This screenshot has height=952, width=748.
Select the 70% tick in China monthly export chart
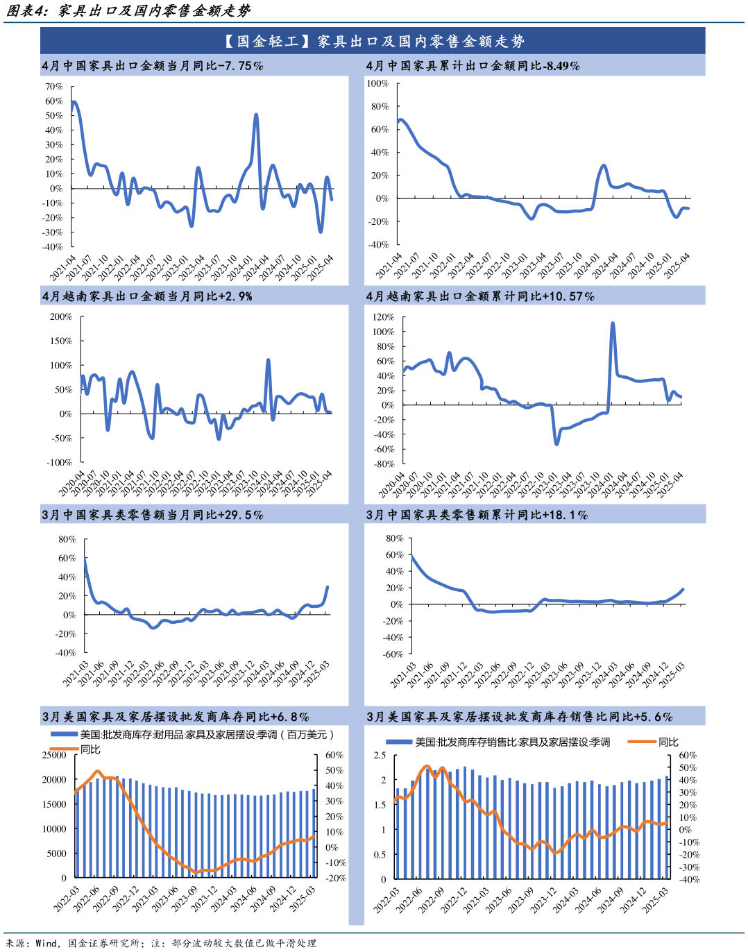pos(54,87)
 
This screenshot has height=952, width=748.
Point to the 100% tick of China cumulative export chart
pos(377,83)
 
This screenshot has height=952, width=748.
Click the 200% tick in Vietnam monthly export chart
pos(61,316)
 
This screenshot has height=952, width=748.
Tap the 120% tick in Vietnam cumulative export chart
pos(384,317)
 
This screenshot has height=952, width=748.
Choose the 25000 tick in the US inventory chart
pos(54,755)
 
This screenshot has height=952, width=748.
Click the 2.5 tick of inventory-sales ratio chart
pos(380,756)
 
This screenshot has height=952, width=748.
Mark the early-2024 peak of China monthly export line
pos(257,115)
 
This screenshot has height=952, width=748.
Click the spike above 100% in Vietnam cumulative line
pos(613,323)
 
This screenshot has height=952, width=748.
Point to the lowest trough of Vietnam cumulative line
pos(556,443)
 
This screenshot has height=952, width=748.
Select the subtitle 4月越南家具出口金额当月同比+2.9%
pos(147,296)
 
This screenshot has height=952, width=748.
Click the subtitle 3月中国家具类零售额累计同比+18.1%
pos(477,515)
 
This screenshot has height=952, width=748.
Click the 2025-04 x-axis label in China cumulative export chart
pos(677,266)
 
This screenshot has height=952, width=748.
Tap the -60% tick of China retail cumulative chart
pos(393,654)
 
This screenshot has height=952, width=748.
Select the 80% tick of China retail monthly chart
pos(67,539)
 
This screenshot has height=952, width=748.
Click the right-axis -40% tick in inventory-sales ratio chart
pos(689,880)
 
